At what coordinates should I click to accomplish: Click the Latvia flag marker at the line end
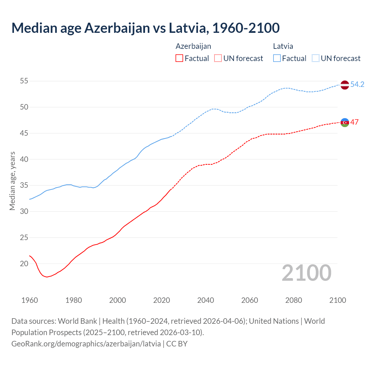[344, 85]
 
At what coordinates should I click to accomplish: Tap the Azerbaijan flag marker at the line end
[344, 122]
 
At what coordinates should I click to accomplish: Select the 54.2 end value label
[357, 84]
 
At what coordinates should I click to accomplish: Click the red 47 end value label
[354, 122]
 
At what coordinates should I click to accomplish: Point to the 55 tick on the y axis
[24, 81]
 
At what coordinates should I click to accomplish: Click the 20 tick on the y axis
[24, 264]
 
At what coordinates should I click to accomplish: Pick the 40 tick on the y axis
[24, 159]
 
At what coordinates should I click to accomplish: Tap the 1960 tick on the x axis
[30, 300]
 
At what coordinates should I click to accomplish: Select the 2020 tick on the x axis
[162, 300]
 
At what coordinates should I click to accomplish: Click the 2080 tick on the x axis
[294, 300]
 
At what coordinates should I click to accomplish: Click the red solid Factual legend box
[179, 58]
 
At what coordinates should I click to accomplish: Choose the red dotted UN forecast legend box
[218, 58]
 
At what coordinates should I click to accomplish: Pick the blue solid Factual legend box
[277, 58]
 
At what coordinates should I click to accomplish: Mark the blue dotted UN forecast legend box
[316, 58]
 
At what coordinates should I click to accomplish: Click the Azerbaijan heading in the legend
[193, 46]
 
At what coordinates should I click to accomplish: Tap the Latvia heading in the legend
[283, 46]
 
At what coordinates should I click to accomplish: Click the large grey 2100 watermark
[306, 273]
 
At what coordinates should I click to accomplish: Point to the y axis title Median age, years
[12, 181]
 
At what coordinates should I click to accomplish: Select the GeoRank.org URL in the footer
[86, 344]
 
